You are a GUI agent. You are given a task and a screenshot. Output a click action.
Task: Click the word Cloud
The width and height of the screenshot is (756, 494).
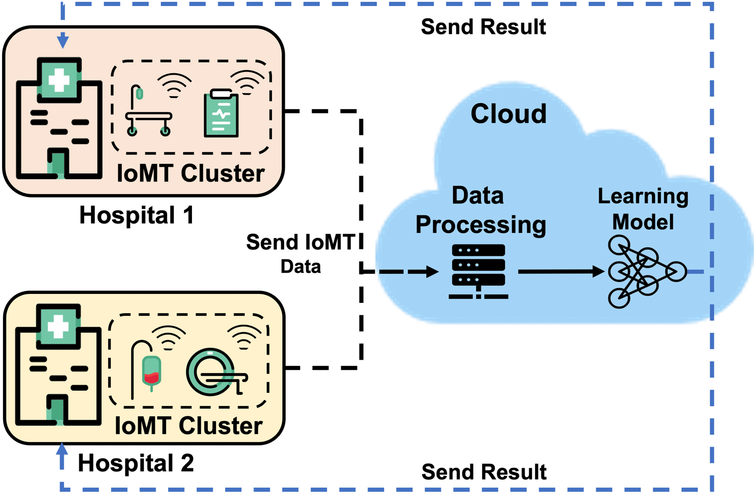pos(508,114)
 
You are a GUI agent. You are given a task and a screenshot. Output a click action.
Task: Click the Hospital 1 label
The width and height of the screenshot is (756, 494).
pos(136,215)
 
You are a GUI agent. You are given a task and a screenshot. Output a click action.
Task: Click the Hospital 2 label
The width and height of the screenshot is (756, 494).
pos(136,463)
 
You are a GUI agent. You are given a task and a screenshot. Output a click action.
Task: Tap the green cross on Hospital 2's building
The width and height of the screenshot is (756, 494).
pos(58,327)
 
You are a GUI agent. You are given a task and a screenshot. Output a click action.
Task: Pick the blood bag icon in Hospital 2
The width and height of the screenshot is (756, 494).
pos(151,372)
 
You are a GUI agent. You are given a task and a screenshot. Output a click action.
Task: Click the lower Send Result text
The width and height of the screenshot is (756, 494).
pos(484,472)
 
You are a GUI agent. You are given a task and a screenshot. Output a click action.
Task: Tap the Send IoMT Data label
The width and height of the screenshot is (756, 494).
pos(301,253)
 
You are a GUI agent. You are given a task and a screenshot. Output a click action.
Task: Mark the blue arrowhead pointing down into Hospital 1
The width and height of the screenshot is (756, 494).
pos(63,40)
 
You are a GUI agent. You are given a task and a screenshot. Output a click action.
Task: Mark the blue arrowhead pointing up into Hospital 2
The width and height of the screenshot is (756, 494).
pos(62,449)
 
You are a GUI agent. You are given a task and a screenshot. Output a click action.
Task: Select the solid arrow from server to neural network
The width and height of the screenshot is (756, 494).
pos(559,272)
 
